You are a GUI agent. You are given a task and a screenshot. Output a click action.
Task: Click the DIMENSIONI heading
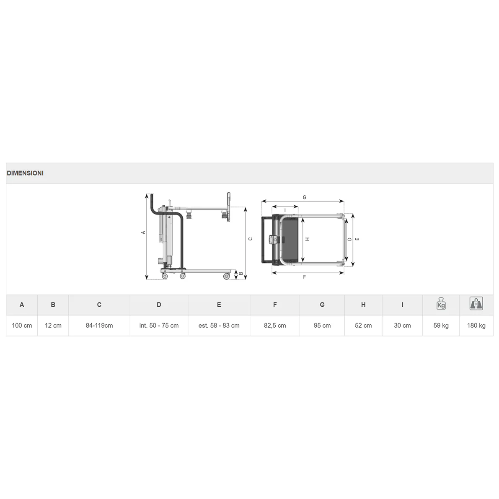pyautogui.click(x=25, y=173)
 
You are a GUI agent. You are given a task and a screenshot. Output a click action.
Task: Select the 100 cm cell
pyautogui.click(x=22, y=326)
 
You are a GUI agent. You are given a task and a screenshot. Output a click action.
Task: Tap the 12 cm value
pyautogui.click(x=53, y=326)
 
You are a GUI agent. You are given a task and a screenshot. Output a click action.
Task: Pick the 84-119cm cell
pyautogui.click(x=99, y=326)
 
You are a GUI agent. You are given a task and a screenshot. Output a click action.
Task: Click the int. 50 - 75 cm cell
pyautogui.click(x=159, y=326)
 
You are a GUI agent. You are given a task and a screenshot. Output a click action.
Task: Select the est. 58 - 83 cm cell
pyautogui.click(x=219, y=326)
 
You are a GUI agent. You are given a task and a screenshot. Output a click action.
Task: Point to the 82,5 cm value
pyautogui.click(x=275, y=326)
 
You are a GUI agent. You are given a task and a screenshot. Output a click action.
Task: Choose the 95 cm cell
pyautogui.click(x=322, y=326)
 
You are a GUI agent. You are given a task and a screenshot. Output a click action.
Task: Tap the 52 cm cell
pyautogui.click(x=363, y=326)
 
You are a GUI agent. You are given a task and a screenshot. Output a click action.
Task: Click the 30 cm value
pyautogui.click(x=402, y=326)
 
